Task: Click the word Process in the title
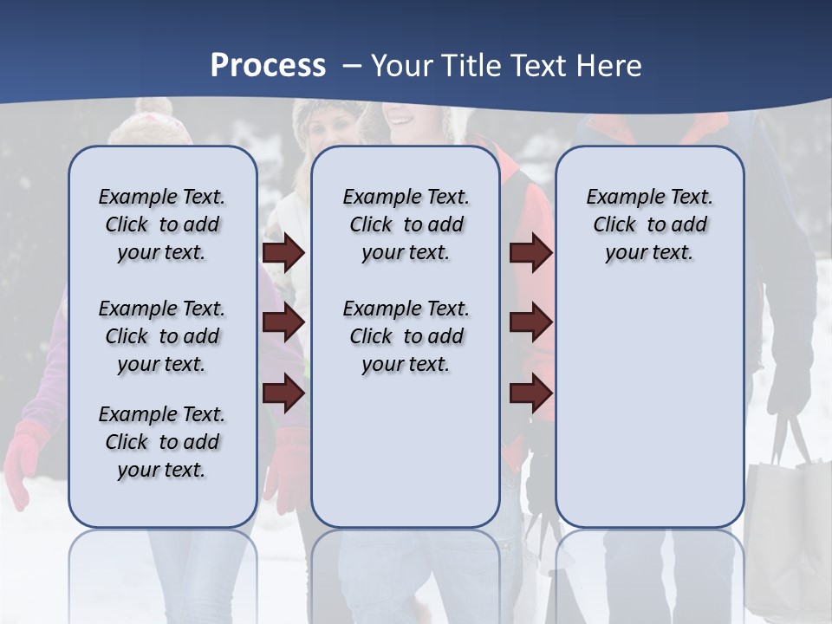click(268, 65)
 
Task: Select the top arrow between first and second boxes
click(283, 252)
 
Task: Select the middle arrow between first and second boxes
click(283, 323)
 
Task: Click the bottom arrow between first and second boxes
click(283, 393)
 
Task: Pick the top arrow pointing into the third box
click(530, 252)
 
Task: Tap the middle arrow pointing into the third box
click(530, 323)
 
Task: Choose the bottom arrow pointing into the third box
click(530, 393)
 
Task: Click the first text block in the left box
click(162, 224)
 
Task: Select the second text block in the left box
click(162, 336)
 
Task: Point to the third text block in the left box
click(162, 442)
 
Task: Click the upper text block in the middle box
click(406, 224)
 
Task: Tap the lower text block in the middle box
click(406, 336)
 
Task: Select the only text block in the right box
click(649, 224)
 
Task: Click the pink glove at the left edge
click(23, 459)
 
